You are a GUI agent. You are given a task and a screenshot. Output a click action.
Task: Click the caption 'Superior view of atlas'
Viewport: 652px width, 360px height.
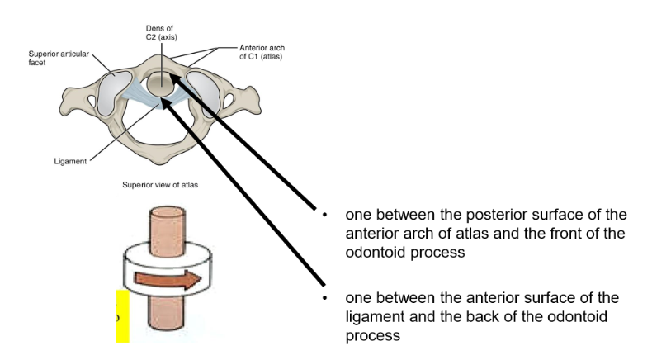158,185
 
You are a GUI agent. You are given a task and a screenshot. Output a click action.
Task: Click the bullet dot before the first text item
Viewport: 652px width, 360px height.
328,216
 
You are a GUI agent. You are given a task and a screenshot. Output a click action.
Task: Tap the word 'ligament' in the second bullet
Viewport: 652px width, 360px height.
379,317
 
